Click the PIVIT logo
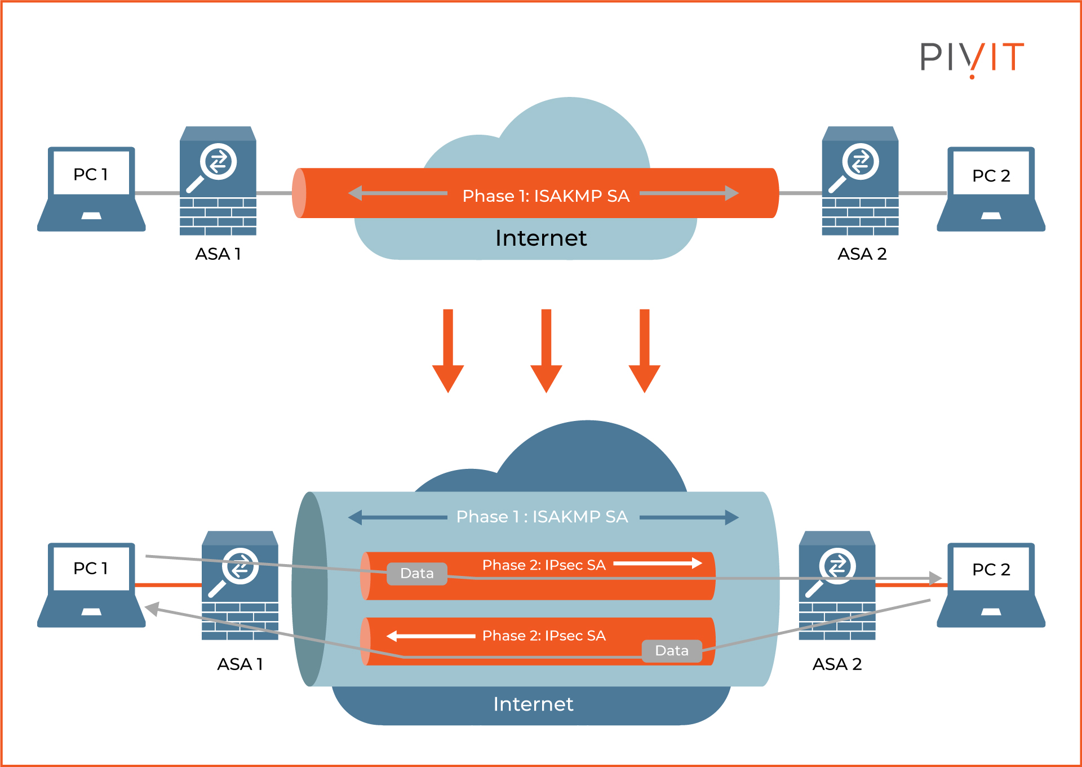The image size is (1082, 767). (972, 57)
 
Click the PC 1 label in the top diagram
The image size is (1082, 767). (90, 175)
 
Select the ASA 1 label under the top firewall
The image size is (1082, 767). (218, 254)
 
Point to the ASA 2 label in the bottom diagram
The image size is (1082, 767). (837, 664)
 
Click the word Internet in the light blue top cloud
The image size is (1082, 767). (541, 238)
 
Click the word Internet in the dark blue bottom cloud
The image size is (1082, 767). (533, 704)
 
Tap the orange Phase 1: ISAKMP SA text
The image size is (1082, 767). (546, 196)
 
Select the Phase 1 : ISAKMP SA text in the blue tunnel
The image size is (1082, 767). (542, 517)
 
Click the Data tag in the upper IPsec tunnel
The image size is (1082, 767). (417, 574)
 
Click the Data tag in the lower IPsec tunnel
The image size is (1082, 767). (672, 651)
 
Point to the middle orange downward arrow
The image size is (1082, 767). (546, 352)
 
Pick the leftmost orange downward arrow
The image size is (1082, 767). (448, 352)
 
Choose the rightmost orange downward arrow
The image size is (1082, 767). (644, 352)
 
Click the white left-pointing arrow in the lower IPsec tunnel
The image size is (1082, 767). (431, 636)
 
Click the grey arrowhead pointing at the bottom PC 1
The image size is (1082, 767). (152, 609)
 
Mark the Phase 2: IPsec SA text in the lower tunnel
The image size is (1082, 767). (544, 636)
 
